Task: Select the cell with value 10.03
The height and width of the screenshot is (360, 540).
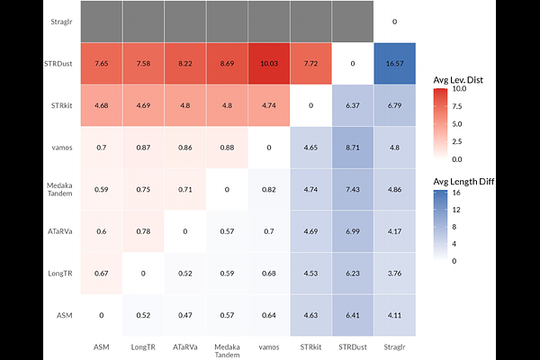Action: tap(269, 63)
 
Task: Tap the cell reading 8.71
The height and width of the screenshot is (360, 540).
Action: tap(353, 147)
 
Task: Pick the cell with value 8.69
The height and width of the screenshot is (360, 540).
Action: tap(228, 63)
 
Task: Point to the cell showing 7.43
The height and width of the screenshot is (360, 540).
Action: tap(353, 189)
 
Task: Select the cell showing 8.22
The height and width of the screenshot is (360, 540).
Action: tap(185, 63)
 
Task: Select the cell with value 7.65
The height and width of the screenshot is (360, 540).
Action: tap(102, 63)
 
